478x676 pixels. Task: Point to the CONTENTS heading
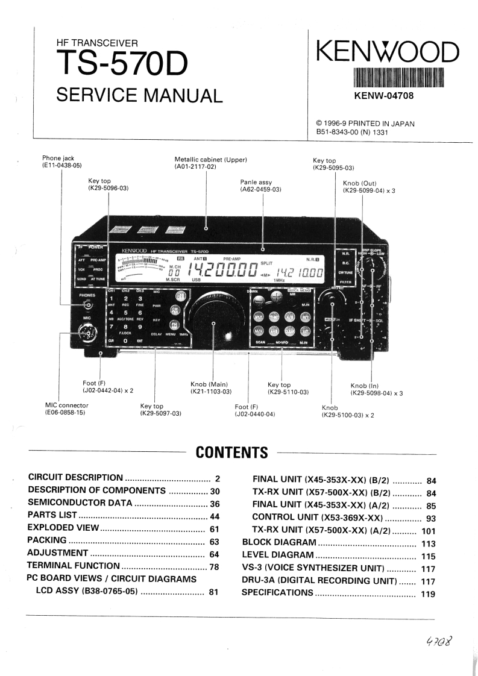(232, 452)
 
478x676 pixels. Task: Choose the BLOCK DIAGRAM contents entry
(278, 542)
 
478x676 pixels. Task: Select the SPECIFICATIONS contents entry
(277, 593)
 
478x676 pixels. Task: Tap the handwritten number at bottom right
(438, 640)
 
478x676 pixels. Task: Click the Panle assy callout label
(261, 182)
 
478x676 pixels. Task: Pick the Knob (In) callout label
(365, 386)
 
